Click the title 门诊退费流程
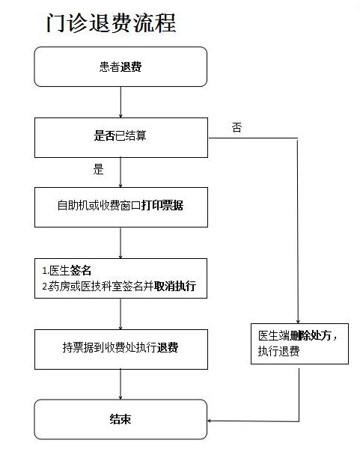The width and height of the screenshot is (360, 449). pyautogui.click(x=111, y=23)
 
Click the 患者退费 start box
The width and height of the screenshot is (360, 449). pyautogui.click(x=120, y=67)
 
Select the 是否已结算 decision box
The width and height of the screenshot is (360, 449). pyautogui.click(x=121, y=138)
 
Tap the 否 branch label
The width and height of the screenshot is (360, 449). pyautogui.click(x=237, y=127)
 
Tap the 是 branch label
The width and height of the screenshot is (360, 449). pyautogui.click(x=98, y=169)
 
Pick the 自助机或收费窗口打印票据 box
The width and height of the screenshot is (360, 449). pyautogui.click(x=121, y=207)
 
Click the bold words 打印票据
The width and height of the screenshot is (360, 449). pyautogui.click(x=162, y=205)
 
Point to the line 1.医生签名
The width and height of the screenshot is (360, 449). pyautogui.click(x=67, y=270)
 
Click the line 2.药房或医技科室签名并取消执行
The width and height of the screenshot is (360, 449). pyautogui.click(x=119, y=286)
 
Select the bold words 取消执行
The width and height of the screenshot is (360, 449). pyautogui.click(x=175, y=286)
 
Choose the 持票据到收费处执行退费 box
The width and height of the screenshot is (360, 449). pyautogui.click(x=121, y=349)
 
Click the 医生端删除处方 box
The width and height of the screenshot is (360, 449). pyautogui.click(x=299, y=343)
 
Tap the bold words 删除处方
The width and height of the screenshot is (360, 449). pyautogui.click(x=311, y=335)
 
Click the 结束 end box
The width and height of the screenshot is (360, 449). pyautogui.click(x=120, y=420)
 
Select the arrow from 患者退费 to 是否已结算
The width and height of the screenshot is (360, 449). pyautogui.click(x=120, y=103)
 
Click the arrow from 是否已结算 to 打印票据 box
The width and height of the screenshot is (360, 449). pyautogui.click(x=120, y=172)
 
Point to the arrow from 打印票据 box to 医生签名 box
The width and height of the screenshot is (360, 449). pyautogui.click(x=120, y=243)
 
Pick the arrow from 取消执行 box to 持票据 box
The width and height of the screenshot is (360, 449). pyautogui.click(x=120, y=314)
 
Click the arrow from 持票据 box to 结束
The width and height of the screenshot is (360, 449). pyautogui.click(x=120, y=385)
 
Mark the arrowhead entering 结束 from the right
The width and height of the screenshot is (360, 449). pyautogui.click(x=210, y=421)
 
